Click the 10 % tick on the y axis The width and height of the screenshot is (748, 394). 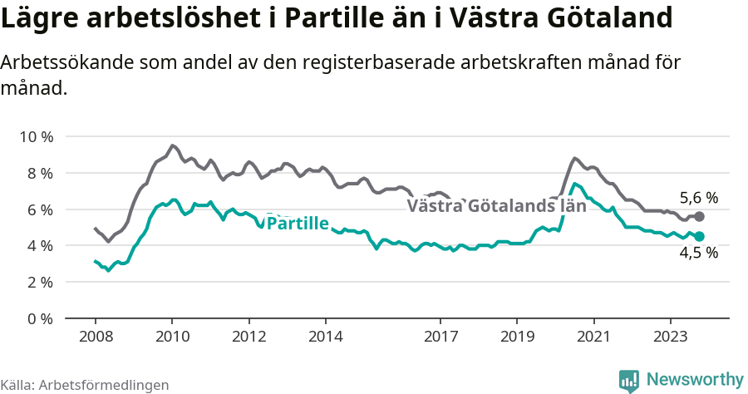coord(36,136)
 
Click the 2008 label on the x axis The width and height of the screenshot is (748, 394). coord(95,337)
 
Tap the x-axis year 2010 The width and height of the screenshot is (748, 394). coord(172,337)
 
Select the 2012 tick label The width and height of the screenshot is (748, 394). coord(249,337)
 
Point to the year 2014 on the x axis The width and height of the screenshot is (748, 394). coord(325,337)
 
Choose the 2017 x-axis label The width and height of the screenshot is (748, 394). coord(440,337)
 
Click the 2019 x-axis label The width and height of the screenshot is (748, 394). coord(517,337)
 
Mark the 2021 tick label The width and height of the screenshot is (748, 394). coord(593,337)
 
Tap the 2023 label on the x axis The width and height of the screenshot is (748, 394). coord(671,337)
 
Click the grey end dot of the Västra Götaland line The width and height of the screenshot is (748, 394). coord(700,216)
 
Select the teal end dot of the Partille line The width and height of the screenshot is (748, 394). coord(700,236)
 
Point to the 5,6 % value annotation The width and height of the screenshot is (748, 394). coord(698,198)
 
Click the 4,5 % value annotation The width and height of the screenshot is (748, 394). coord(698,254)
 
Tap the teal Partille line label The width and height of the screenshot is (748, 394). coord(298,223)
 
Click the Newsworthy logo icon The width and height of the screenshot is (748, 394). coord(629,381)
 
